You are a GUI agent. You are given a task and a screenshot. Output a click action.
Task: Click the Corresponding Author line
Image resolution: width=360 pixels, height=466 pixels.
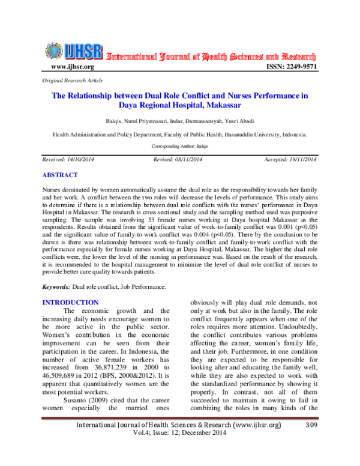(179, 146)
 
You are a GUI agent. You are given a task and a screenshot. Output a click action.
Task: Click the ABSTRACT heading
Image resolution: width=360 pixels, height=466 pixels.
(59, 175)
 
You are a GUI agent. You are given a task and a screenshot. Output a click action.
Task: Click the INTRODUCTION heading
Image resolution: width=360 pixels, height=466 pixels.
(68, 302)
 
